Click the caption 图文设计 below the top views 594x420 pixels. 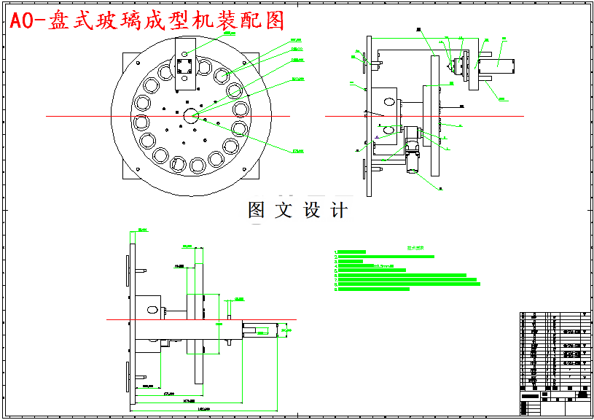297,211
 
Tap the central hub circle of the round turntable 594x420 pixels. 192,115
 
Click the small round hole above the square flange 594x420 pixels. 184,53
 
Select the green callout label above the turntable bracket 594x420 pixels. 230,34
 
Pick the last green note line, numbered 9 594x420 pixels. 372,289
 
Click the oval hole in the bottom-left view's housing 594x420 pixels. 152,310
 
